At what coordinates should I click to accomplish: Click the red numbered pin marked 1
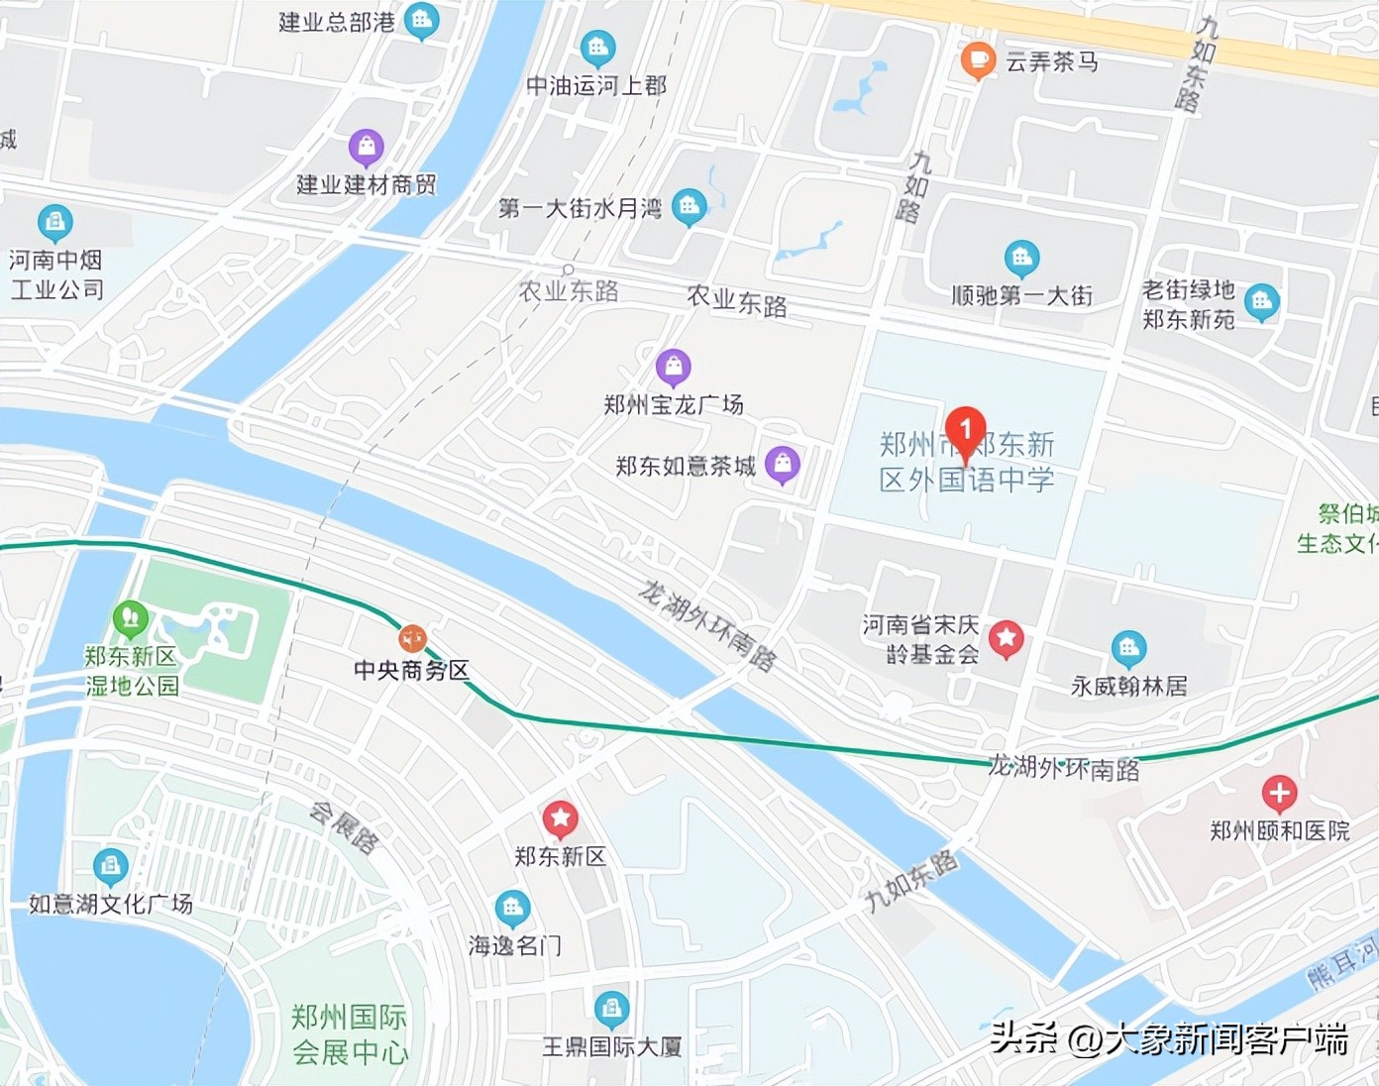click(965, 431)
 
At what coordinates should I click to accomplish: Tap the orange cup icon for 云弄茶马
click(977, 60)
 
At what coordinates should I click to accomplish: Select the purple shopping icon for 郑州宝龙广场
click(674, 367)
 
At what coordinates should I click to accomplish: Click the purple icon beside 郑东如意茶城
click(783, 464)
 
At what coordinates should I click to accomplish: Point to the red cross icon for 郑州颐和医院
click(1279, 793)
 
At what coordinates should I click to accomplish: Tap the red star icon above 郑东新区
click(560, 818)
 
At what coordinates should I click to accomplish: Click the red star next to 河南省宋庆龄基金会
click(1007, 639)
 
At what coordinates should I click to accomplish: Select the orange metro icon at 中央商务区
click(412, 639)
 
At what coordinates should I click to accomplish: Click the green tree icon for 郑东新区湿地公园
click(130, 619)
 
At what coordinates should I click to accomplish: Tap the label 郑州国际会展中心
click(350, 1034)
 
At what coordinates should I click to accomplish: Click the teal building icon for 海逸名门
click(512, 908)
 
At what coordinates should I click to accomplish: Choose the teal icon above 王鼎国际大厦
click(611, 1009)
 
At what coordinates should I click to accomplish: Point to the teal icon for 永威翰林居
click(1128, 649)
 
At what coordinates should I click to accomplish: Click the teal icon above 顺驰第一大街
click(1021, 259)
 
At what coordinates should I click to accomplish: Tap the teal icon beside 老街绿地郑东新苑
click(1261, 302)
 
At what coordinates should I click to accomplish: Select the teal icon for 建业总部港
click(422, 20)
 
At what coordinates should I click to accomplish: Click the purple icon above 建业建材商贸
click(366, 148)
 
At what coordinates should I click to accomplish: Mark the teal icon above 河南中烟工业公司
click(55, 222)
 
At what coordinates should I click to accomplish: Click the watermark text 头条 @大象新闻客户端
click(1169, 1038)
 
